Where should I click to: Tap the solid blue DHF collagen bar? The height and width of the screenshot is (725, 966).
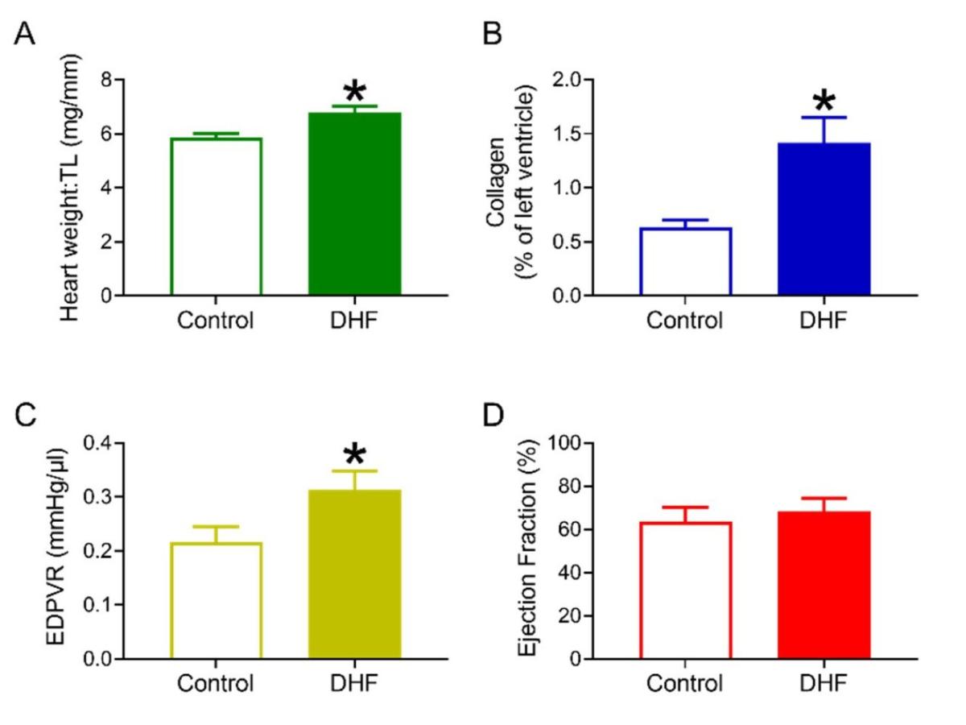[824, 219]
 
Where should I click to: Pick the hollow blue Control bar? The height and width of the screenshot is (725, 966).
[685, 262]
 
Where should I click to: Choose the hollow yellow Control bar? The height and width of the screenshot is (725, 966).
[217, 601]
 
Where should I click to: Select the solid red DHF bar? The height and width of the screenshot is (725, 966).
[824, 586]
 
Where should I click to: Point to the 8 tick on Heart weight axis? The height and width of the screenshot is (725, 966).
[106, 81]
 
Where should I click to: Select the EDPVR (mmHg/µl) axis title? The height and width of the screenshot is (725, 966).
[62, 550]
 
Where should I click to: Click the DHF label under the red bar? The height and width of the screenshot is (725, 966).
[824, 684]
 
